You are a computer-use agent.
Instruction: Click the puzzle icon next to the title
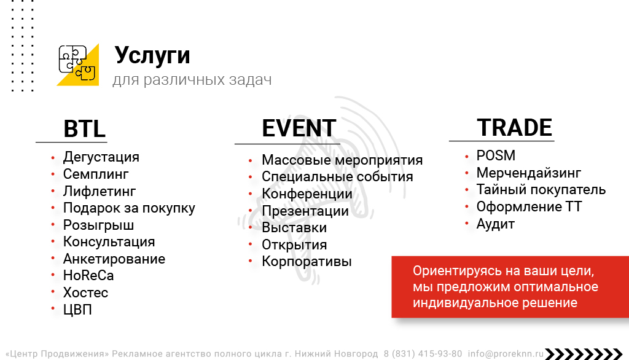click(77, 64)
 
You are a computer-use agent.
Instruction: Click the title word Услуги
click(152, 55)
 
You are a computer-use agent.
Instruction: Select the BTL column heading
click(84, 129)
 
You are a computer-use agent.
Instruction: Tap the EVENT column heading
click(299, 128)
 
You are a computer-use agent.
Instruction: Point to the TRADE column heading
click(514, 128)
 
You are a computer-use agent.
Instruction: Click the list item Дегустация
click(101, 157)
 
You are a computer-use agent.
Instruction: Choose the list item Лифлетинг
click(100, 191)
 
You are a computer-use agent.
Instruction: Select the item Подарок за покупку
click(129, 208)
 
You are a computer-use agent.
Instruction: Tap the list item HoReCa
click(88, 275)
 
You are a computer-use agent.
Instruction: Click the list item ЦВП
click(77, 310)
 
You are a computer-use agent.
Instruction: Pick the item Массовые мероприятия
click(342, 160)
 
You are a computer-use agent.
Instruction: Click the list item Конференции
click(307, 194)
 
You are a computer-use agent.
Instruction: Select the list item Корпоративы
click(307, 261)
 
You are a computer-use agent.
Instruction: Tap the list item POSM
click(496, 155)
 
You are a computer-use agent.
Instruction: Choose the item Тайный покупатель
click(541, 189)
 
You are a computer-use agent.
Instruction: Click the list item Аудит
click(496, 224)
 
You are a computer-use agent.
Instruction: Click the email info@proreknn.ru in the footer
click(506, 354)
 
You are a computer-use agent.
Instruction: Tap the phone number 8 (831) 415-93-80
click(423, 354)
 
